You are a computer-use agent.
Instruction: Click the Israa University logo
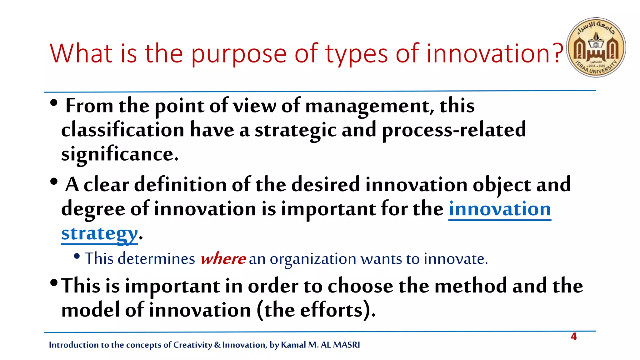pyautogui.click(x=596, y=47)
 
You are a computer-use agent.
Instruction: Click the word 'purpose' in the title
pyautogui.click(x=239, y=54)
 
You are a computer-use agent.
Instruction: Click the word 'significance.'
pyautogui.click(x=120, y=154)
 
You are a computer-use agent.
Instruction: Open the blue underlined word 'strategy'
pyautogui.click(x=99, y=234)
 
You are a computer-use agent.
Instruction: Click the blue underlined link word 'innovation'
pyautogui.click(x=500, y=209)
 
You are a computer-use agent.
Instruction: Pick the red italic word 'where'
pyautogui.click(x=223, y=259)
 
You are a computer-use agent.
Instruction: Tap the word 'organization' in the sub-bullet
pyautogui.click(x=313, y=259)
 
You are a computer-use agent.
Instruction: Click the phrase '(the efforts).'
pyautogui.click(x=316, y=310)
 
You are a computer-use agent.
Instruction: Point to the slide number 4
pyautogui.click(x=574, y=337)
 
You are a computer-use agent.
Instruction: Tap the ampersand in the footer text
pyautogui.click(x=217, y=345)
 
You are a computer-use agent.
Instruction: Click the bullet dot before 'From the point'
pyautogui.click(x=54, y=103)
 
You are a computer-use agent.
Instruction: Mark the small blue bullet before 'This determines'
pyautogui.click(x=77, y=257)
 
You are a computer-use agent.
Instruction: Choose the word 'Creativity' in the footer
pyautogui.click(x=192, y=345)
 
